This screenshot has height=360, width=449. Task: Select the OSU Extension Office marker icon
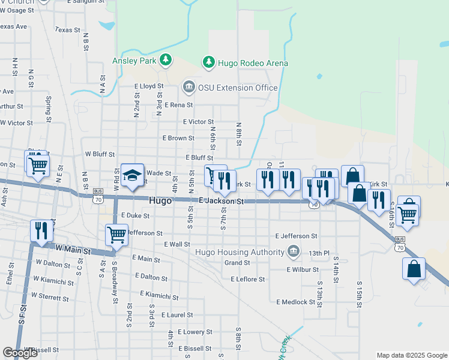[189, 88]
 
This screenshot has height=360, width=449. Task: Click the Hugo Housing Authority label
[240, 251]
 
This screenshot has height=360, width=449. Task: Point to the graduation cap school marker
[132, 175]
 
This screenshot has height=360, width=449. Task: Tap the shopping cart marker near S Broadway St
[115, 234]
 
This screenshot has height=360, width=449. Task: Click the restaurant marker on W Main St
[41, 230]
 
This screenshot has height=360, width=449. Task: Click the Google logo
[20, 353]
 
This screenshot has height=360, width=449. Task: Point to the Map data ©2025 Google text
[411, 355]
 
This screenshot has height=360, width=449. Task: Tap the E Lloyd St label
[148, 86]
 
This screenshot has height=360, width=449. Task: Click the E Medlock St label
[296, 302]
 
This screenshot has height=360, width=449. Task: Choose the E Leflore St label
[248, 279]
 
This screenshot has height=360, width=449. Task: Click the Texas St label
[67, 29]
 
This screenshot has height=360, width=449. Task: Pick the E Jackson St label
[221, 202]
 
